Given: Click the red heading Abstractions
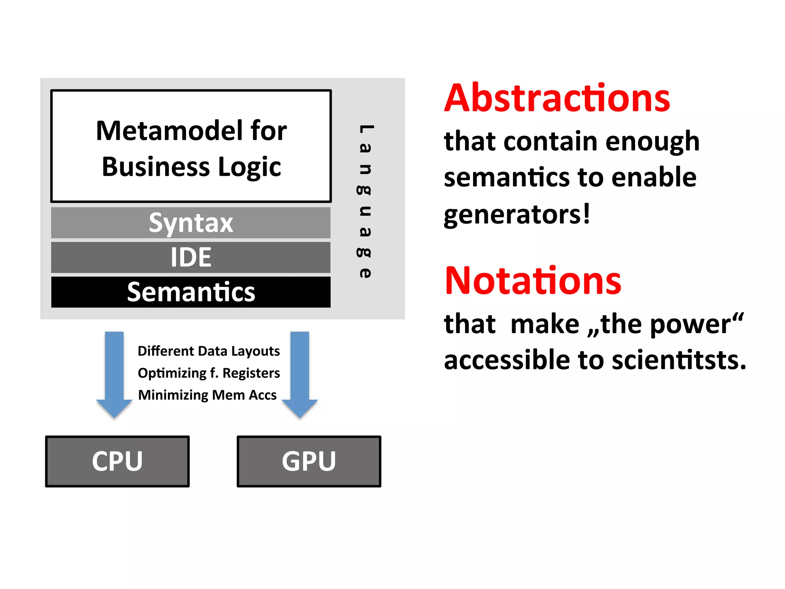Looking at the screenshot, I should point(557,99).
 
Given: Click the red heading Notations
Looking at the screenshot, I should point(533,281).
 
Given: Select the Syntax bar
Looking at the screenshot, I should point(191,223).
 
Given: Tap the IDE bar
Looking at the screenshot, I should point(191,257).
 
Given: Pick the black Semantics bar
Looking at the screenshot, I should point(191,292).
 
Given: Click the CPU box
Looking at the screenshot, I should point(117,461).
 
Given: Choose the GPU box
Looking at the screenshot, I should point(309,461).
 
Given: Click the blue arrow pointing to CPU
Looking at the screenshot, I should point(114,374).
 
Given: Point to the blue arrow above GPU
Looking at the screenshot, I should point(300,374).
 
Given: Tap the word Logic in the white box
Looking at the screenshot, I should point(249,167).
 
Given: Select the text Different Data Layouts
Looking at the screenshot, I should point(209,351).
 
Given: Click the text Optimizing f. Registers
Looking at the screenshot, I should point(209,373).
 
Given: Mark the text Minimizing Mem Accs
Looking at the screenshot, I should point(207,395).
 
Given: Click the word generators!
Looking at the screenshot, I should point(517,215).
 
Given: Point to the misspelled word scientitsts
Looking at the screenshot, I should point(678,360).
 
